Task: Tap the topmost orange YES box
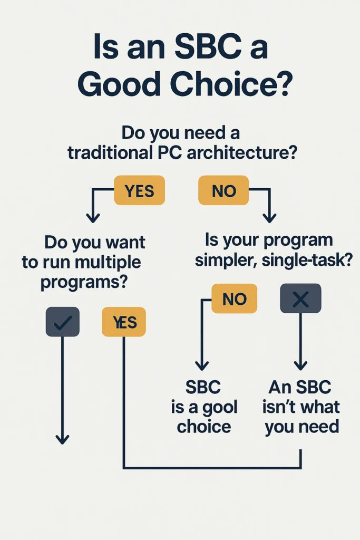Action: tap(139, 190)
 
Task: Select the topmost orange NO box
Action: tap(224, 190)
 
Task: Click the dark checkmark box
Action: tap(63, 322)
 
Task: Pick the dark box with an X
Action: tap(300, 298)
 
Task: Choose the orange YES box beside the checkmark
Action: tap(124, 322)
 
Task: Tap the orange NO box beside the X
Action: tap(235, 298)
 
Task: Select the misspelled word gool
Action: tap(220, 407)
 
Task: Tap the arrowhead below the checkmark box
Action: tap(63, 438)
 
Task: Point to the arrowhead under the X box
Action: tap(300, 364)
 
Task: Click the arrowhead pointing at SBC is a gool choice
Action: tap(201, 364)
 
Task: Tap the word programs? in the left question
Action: tap(84, 281)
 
